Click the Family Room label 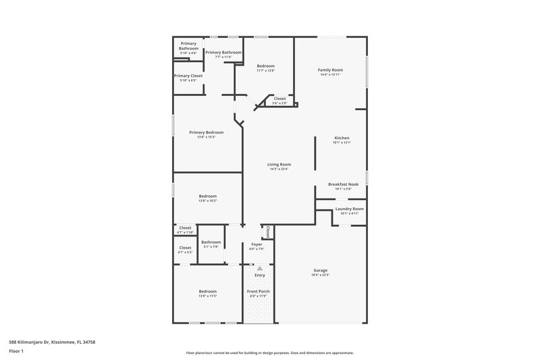[331, 70]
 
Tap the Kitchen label [342, 138]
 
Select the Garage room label [320, 270]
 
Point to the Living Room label [279, 164]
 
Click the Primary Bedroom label [206, 132]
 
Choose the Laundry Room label [349, 209]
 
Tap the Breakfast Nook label [343, 184]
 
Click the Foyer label [256, 244]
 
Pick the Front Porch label [259, 291]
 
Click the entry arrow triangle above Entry [259, 268]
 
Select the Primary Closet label [188, 76]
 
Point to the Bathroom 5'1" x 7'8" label [211, 242]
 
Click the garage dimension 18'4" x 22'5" [320, 275]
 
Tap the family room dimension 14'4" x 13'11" [331, 74]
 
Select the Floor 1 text [16, 352]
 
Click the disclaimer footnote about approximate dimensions [269, 353]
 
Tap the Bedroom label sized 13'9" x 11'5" [207, 291]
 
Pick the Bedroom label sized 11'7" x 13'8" [265, 66]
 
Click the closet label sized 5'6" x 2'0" [279, 99]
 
